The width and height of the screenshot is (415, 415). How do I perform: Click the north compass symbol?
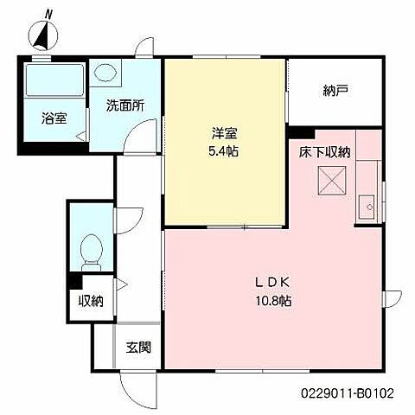43,35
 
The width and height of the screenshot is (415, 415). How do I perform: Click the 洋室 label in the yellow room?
225,134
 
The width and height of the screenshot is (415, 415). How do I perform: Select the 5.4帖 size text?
225,151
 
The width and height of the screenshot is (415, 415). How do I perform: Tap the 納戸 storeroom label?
336,89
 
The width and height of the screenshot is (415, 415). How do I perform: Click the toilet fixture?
91,250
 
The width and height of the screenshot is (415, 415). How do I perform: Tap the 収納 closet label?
90,302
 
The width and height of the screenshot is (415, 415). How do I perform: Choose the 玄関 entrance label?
138,348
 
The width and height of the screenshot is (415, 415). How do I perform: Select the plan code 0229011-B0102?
348,392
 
